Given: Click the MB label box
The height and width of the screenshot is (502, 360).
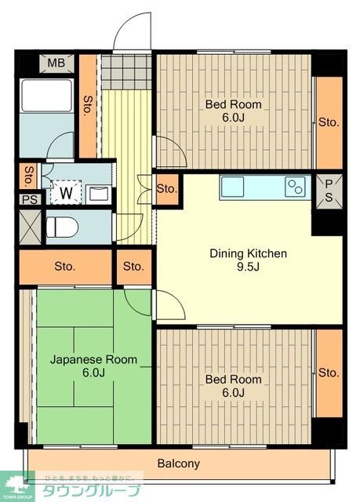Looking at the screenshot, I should tap(56, 64).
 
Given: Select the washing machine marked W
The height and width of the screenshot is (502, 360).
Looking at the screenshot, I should tap(66, 191).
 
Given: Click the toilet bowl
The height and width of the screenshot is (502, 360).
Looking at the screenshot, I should tap(62, 227).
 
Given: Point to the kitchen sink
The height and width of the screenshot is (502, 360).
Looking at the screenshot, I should tap(233, 187).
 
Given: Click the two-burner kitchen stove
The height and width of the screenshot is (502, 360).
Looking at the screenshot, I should tap(295, 187).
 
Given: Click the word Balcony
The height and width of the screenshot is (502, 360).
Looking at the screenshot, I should tap(179, 464).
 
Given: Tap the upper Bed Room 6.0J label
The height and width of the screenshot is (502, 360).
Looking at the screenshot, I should tap(233, 111).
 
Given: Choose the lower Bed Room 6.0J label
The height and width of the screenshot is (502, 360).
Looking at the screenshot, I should tap(233, 386).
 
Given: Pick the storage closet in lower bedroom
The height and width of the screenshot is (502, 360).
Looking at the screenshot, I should tap(329, 373).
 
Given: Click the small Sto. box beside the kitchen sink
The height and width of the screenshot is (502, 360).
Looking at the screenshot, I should tap(166, 189).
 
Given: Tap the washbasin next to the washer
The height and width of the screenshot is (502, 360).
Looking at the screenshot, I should tap(99, 192).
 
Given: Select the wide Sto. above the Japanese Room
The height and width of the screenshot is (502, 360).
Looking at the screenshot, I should tap(65, 267).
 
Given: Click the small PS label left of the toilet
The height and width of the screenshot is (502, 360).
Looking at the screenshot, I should tap(29, 199).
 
